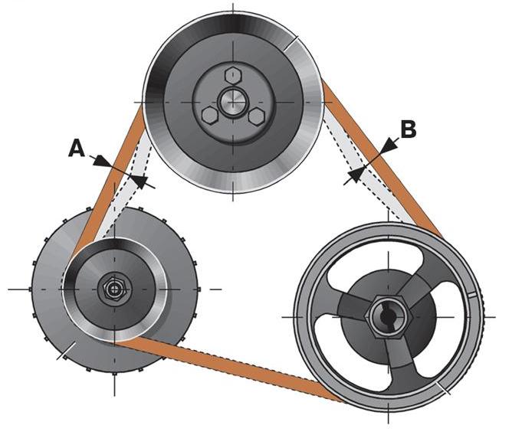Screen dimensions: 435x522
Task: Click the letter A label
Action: point(77,148)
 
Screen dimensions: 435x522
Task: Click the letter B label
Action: point(408,129)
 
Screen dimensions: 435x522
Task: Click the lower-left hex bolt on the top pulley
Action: point(209,115)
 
